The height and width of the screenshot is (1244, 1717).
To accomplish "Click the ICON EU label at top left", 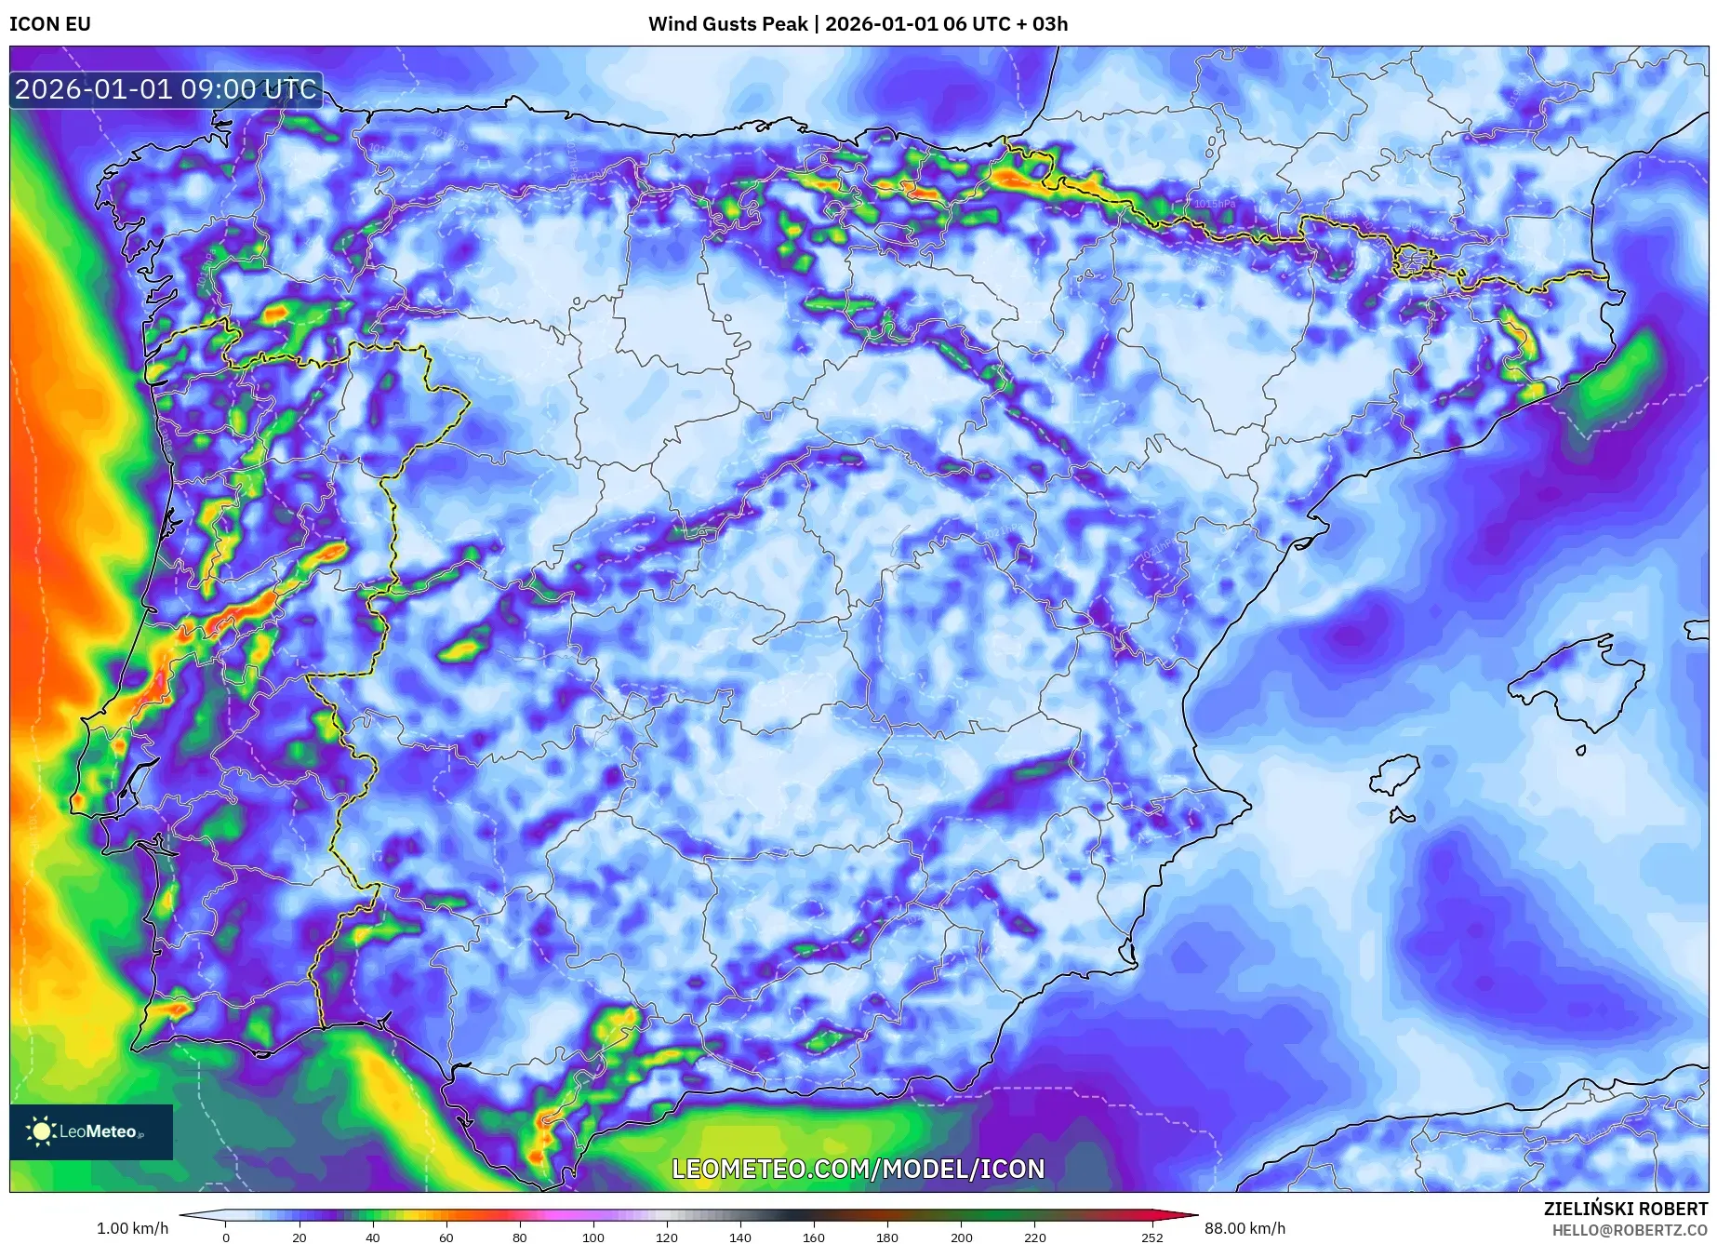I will pos(50,24).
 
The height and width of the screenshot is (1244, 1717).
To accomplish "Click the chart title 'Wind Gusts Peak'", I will pos(727,24).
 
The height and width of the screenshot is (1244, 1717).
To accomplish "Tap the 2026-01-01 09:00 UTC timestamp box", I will pos(166,89).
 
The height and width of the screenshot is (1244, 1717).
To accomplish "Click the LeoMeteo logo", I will pos(91,1131).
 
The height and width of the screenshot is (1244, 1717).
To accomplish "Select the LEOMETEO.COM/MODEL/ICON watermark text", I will pos(858,1169).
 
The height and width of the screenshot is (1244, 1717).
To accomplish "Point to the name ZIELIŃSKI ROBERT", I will pos(1625,1209).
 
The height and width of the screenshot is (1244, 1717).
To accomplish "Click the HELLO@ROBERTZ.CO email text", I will pos(1630,1230).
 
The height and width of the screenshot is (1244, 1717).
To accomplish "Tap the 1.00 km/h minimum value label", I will pos(133,1228).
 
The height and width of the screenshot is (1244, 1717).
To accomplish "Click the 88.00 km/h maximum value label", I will pos(1244,1228).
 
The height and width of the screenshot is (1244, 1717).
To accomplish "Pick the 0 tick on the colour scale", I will pos(225,1237).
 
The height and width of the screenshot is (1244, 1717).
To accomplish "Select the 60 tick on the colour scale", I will pos(446,1237).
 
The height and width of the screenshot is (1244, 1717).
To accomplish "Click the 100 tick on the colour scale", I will pos(593,1237).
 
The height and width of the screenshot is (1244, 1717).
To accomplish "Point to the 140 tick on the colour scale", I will pos(740,1237).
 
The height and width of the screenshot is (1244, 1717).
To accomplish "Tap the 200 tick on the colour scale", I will pos(962,1237).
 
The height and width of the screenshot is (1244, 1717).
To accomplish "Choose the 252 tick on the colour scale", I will pos(1152,1237).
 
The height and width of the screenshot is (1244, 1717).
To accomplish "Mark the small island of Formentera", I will pos(1402,816).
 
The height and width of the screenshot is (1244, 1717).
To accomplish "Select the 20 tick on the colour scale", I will pos(299,1237).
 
